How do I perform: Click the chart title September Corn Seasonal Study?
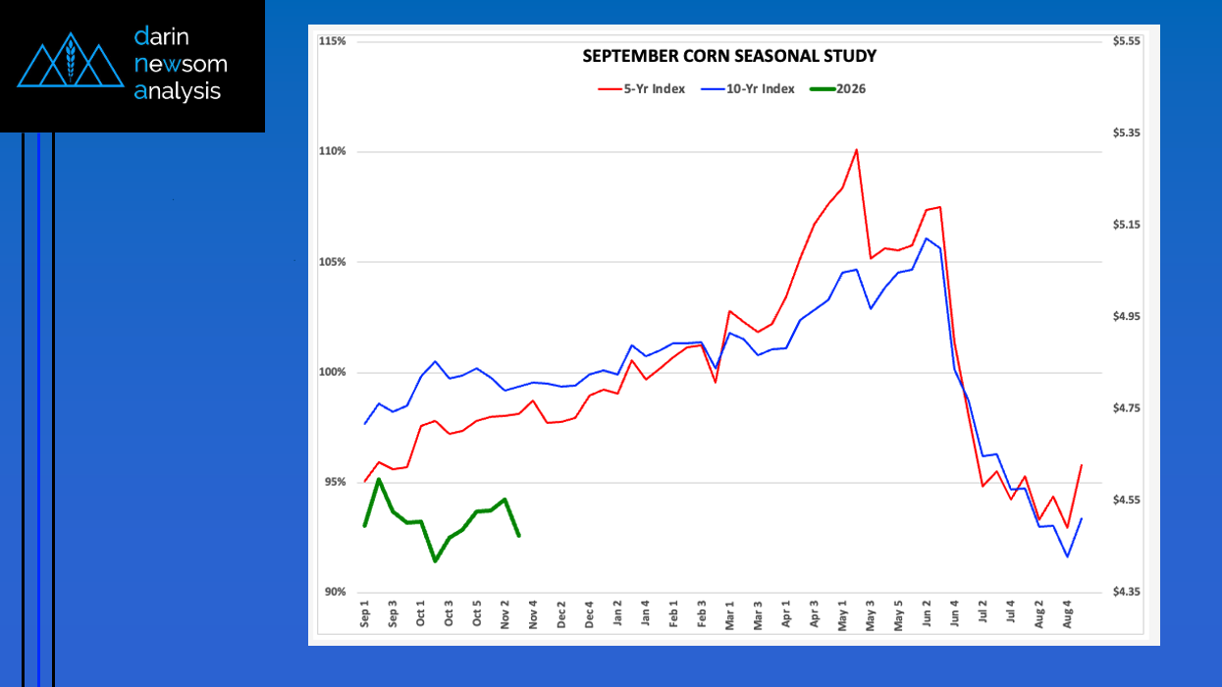729,57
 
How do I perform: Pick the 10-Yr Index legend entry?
748,89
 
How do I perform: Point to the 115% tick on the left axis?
333,41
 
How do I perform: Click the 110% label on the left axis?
333,151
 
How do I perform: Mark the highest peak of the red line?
857,150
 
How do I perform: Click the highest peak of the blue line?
926,238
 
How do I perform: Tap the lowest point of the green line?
435,561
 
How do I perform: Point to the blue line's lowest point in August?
1067,556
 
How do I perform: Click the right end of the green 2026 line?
518,536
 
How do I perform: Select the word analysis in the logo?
178,91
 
